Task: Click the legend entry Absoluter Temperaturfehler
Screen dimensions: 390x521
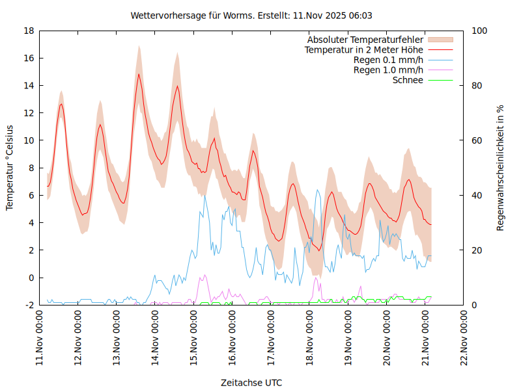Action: point(365,40)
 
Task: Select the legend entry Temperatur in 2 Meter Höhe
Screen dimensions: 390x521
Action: point(364,49)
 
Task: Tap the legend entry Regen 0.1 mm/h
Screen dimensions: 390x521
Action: point(388,60)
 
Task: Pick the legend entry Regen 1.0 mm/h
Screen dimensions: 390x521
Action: point(388,70)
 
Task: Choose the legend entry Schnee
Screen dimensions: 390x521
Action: point(408,80)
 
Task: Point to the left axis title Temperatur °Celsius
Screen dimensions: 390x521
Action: point(10,168)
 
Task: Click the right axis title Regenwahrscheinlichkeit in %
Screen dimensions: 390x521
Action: point(501,168)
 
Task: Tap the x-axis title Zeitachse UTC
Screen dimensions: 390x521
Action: point(251,382)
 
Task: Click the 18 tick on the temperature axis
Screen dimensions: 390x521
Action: point(29,31)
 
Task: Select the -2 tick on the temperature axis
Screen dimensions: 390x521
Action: point(29,305)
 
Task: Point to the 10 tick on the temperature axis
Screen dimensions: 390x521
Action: point(29,140)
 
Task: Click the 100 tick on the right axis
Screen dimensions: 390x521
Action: point(479,31)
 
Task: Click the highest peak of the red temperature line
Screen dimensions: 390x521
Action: point(139,73)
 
